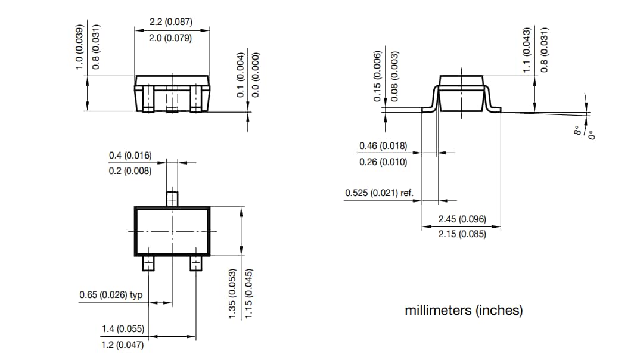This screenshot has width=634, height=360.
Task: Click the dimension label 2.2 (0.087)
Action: click(x=170, y=22)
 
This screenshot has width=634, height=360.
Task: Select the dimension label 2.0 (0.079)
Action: click(x=170, y=38)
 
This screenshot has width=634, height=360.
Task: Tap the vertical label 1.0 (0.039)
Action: click(x=79, y=47)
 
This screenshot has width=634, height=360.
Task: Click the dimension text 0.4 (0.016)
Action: click(x=130, y=156)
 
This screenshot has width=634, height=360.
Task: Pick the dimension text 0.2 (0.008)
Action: click(x=130, y=171)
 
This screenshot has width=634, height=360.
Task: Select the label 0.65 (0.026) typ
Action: click(x=111, y=295)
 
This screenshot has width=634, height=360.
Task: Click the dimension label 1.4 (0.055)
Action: click(x=122, y=328)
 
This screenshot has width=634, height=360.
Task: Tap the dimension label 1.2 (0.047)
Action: click(x=122, y=345)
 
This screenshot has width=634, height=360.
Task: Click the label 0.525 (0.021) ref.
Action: click(x=380, y=193)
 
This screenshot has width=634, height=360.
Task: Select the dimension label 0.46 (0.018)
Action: click(x=383, y=146)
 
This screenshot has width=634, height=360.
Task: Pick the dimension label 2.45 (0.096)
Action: click(x=462, y=219)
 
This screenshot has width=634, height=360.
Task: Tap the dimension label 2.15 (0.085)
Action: click(x=462, y=235)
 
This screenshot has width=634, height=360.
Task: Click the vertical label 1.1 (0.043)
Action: click(x=526, y=50)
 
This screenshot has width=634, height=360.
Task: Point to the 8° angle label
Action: click(x=577, y=131)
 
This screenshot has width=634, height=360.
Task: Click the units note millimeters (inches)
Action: click(x=464, y=311)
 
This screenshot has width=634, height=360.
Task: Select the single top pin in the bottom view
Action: click(x=172, y=197)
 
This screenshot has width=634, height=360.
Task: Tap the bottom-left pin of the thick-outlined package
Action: click(x=148, y=263)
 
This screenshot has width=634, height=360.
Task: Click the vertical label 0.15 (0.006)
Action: click(x=377, y=77)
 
